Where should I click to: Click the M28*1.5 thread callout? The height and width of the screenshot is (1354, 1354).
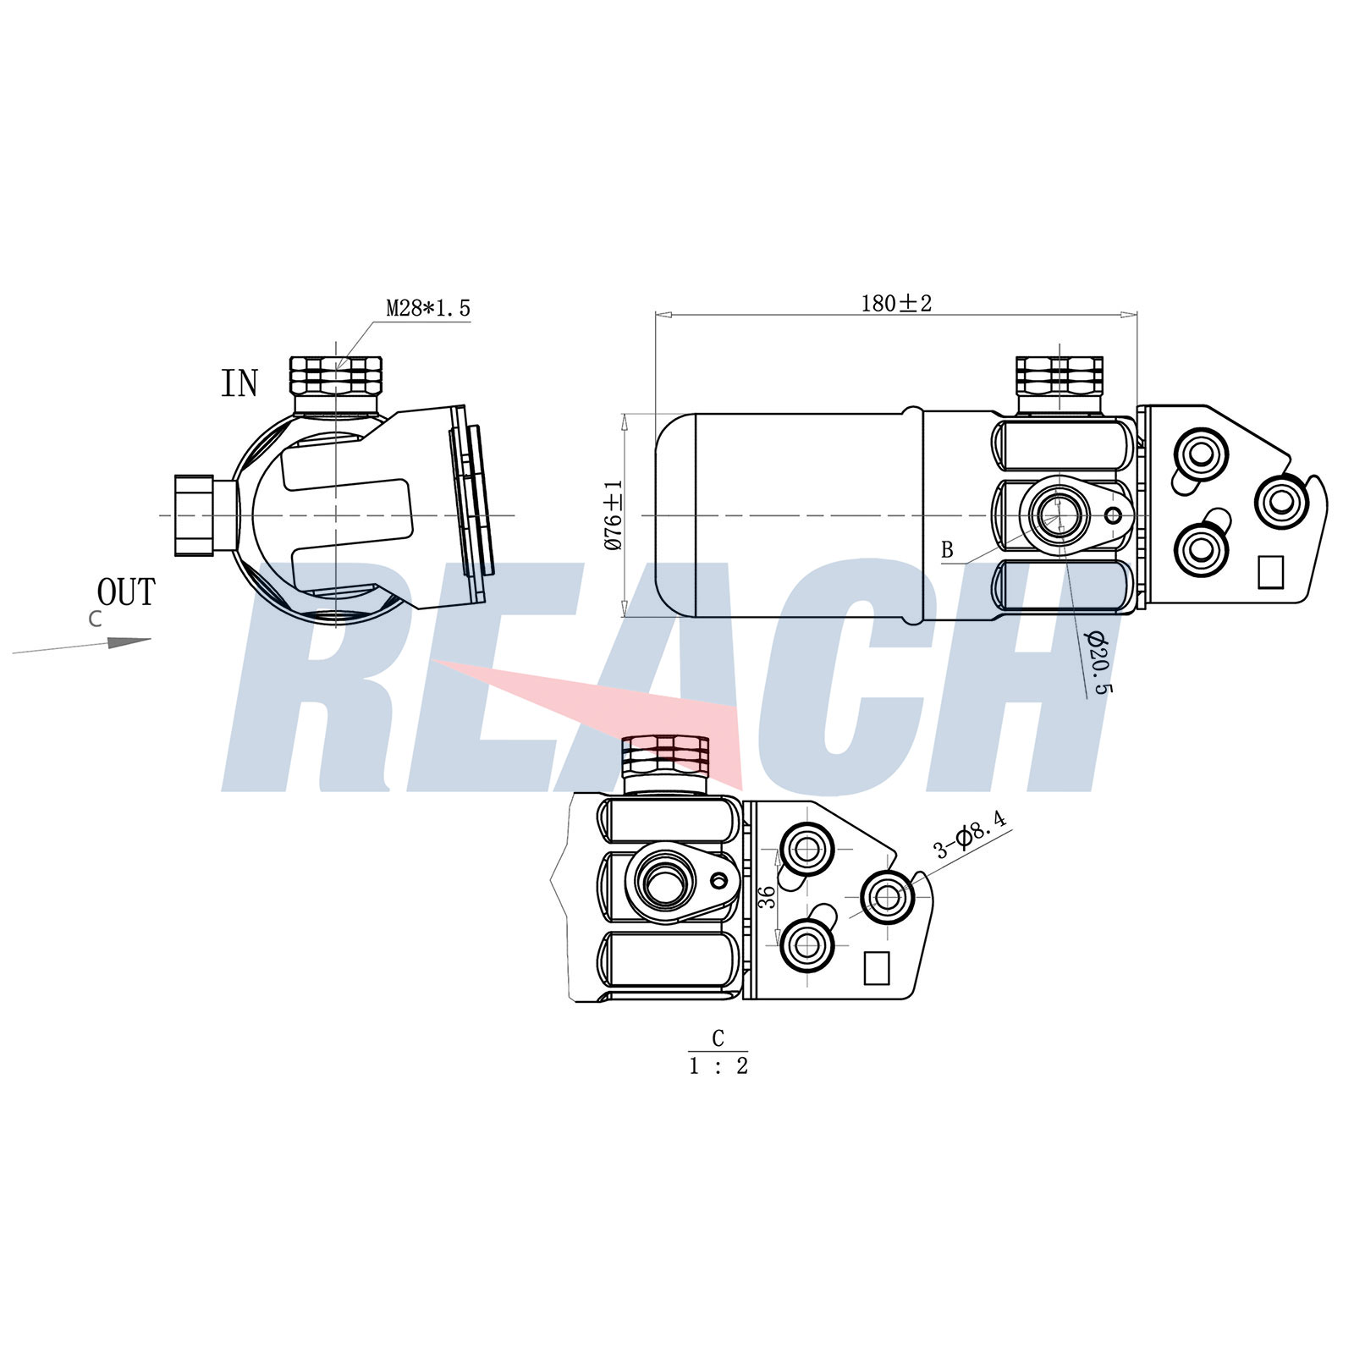point(427,308)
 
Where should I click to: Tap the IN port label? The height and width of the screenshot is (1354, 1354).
point(239,383)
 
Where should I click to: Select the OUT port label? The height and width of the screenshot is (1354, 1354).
point(126,592)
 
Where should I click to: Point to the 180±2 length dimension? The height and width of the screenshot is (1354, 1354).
point(896,303)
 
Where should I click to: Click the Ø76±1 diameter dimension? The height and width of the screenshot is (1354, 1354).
point(614,515)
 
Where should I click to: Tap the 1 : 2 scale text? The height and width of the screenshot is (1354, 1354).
point(718,1066)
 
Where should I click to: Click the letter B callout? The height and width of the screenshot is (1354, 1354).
point(947,550)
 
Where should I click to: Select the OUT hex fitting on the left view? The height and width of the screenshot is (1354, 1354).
point(194,515)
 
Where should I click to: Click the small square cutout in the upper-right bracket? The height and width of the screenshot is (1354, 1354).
point(1271,571)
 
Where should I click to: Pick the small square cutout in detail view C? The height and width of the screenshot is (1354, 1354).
point(877,968)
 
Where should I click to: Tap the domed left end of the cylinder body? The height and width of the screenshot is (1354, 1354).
point(675,515)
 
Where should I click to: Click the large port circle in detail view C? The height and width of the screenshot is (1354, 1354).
point(669,882)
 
